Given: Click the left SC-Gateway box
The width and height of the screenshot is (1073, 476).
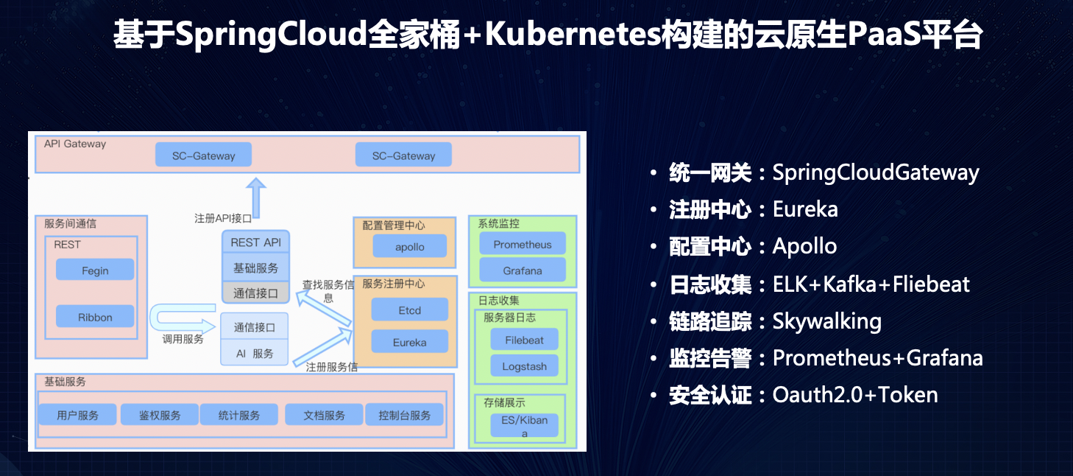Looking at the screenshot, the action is (203, 155).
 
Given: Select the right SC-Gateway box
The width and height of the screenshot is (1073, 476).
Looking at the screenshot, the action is (403, 155).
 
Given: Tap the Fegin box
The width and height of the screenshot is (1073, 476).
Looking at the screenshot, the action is (95, 270).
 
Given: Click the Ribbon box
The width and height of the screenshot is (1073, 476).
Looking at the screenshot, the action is (95, 316).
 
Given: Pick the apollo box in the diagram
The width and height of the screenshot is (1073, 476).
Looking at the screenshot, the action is (410, 246).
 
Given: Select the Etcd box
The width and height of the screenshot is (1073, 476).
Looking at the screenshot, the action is (410, 309).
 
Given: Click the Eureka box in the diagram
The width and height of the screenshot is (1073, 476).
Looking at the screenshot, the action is (410, 342).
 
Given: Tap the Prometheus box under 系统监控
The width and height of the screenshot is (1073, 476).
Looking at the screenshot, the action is (523, 244).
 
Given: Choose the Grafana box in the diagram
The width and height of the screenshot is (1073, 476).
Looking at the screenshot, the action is (523, 270).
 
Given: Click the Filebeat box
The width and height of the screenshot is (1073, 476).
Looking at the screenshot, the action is (525, 339).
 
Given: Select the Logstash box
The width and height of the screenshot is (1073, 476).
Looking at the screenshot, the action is (525, 365).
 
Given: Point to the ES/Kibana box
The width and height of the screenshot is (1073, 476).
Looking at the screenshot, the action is (525, 425).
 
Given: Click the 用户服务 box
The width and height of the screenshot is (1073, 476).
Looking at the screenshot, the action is (77, 415).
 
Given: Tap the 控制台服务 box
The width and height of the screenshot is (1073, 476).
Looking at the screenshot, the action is (405, 415).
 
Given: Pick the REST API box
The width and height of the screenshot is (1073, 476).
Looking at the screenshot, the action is (256, 242).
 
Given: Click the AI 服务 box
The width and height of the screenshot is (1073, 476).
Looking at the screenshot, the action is (255, 353).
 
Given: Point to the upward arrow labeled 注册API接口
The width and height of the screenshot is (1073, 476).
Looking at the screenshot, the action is (256, 198).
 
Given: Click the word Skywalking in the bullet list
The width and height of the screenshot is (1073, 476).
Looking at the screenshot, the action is (826, 321).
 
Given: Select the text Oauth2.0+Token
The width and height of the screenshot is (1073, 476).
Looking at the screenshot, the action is (855, 395).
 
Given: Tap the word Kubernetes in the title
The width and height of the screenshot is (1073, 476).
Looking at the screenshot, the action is (573, 34).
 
